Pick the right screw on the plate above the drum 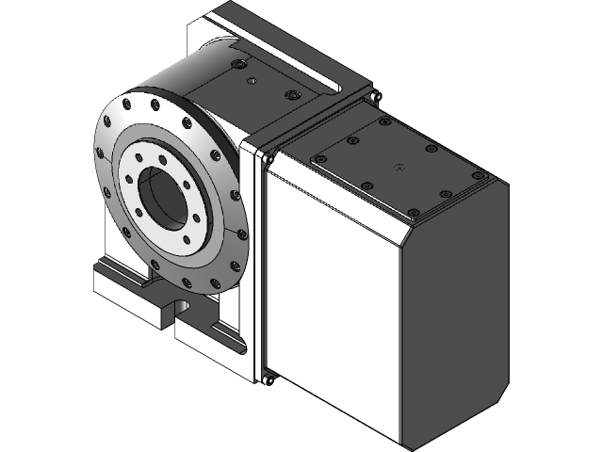point(294,96)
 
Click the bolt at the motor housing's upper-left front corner point(268,159)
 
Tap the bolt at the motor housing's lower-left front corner point(269,380)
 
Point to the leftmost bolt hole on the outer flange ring point(99,153)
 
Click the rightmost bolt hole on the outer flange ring point(244,234)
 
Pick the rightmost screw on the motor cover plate point(476,176)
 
